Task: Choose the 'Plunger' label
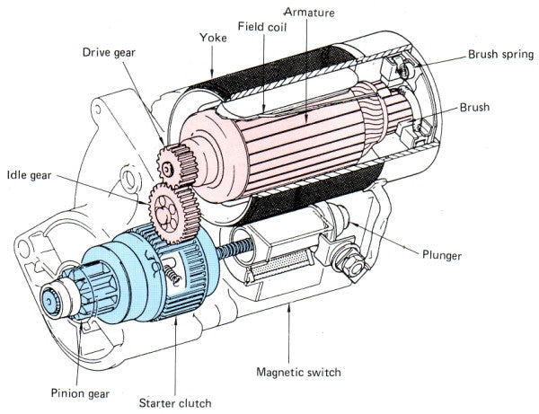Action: (441, 256)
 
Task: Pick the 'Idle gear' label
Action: (30, 173)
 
